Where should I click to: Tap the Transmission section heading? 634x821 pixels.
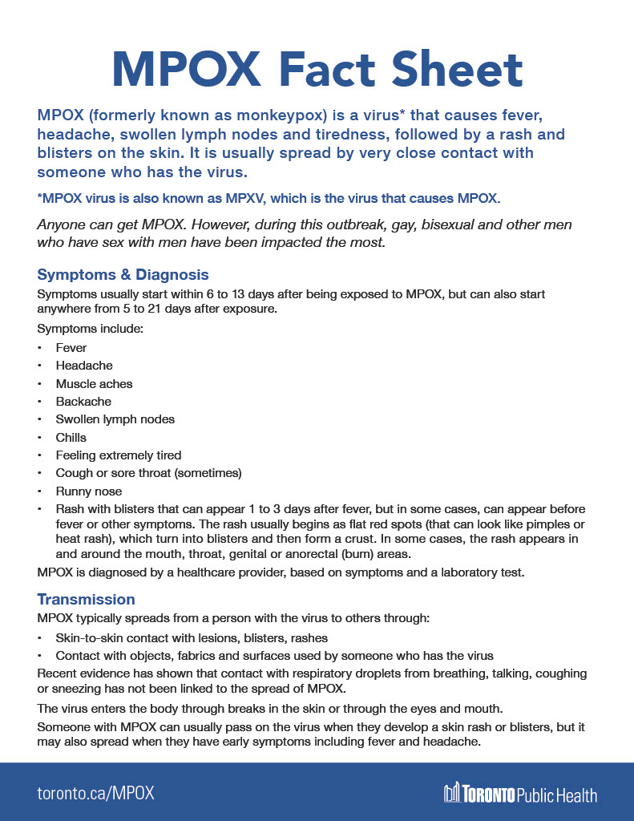[86, 599]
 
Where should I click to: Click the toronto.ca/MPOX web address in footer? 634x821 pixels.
[95, 793]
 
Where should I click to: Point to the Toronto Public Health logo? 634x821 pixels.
[520, 794]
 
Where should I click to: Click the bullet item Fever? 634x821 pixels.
[71, 348]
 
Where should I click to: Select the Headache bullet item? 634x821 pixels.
[84, 366]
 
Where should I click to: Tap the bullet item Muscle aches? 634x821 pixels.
[94, 384]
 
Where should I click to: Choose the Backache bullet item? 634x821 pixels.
[83, 402]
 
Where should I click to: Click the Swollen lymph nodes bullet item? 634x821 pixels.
[115, 419]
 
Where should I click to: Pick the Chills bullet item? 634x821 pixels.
[71, 438]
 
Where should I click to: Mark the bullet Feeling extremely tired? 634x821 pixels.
[119, 455]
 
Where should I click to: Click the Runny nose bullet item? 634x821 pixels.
[89, 491]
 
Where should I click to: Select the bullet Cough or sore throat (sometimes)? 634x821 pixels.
[148, 473]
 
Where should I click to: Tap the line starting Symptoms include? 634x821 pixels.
[85, 329]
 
